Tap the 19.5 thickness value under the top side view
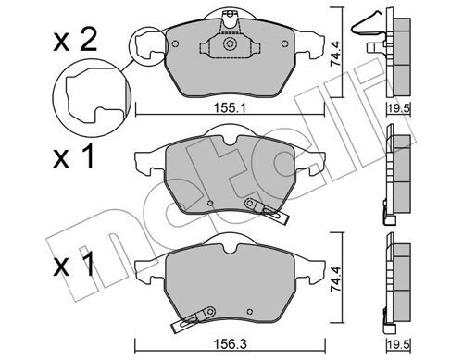(x=397, y=109)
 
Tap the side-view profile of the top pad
(x=399, y=58)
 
